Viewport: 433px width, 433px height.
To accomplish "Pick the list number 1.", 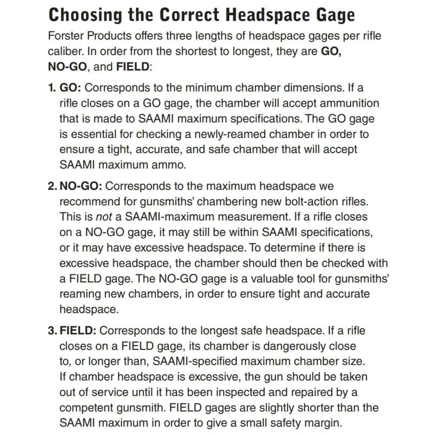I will coord(51,88).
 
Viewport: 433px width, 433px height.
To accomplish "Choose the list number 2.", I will coord(52,186).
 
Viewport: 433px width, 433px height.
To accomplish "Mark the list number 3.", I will coord(52,331).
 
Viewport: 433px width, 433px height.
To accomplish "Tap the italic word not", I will coord(104,217).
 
